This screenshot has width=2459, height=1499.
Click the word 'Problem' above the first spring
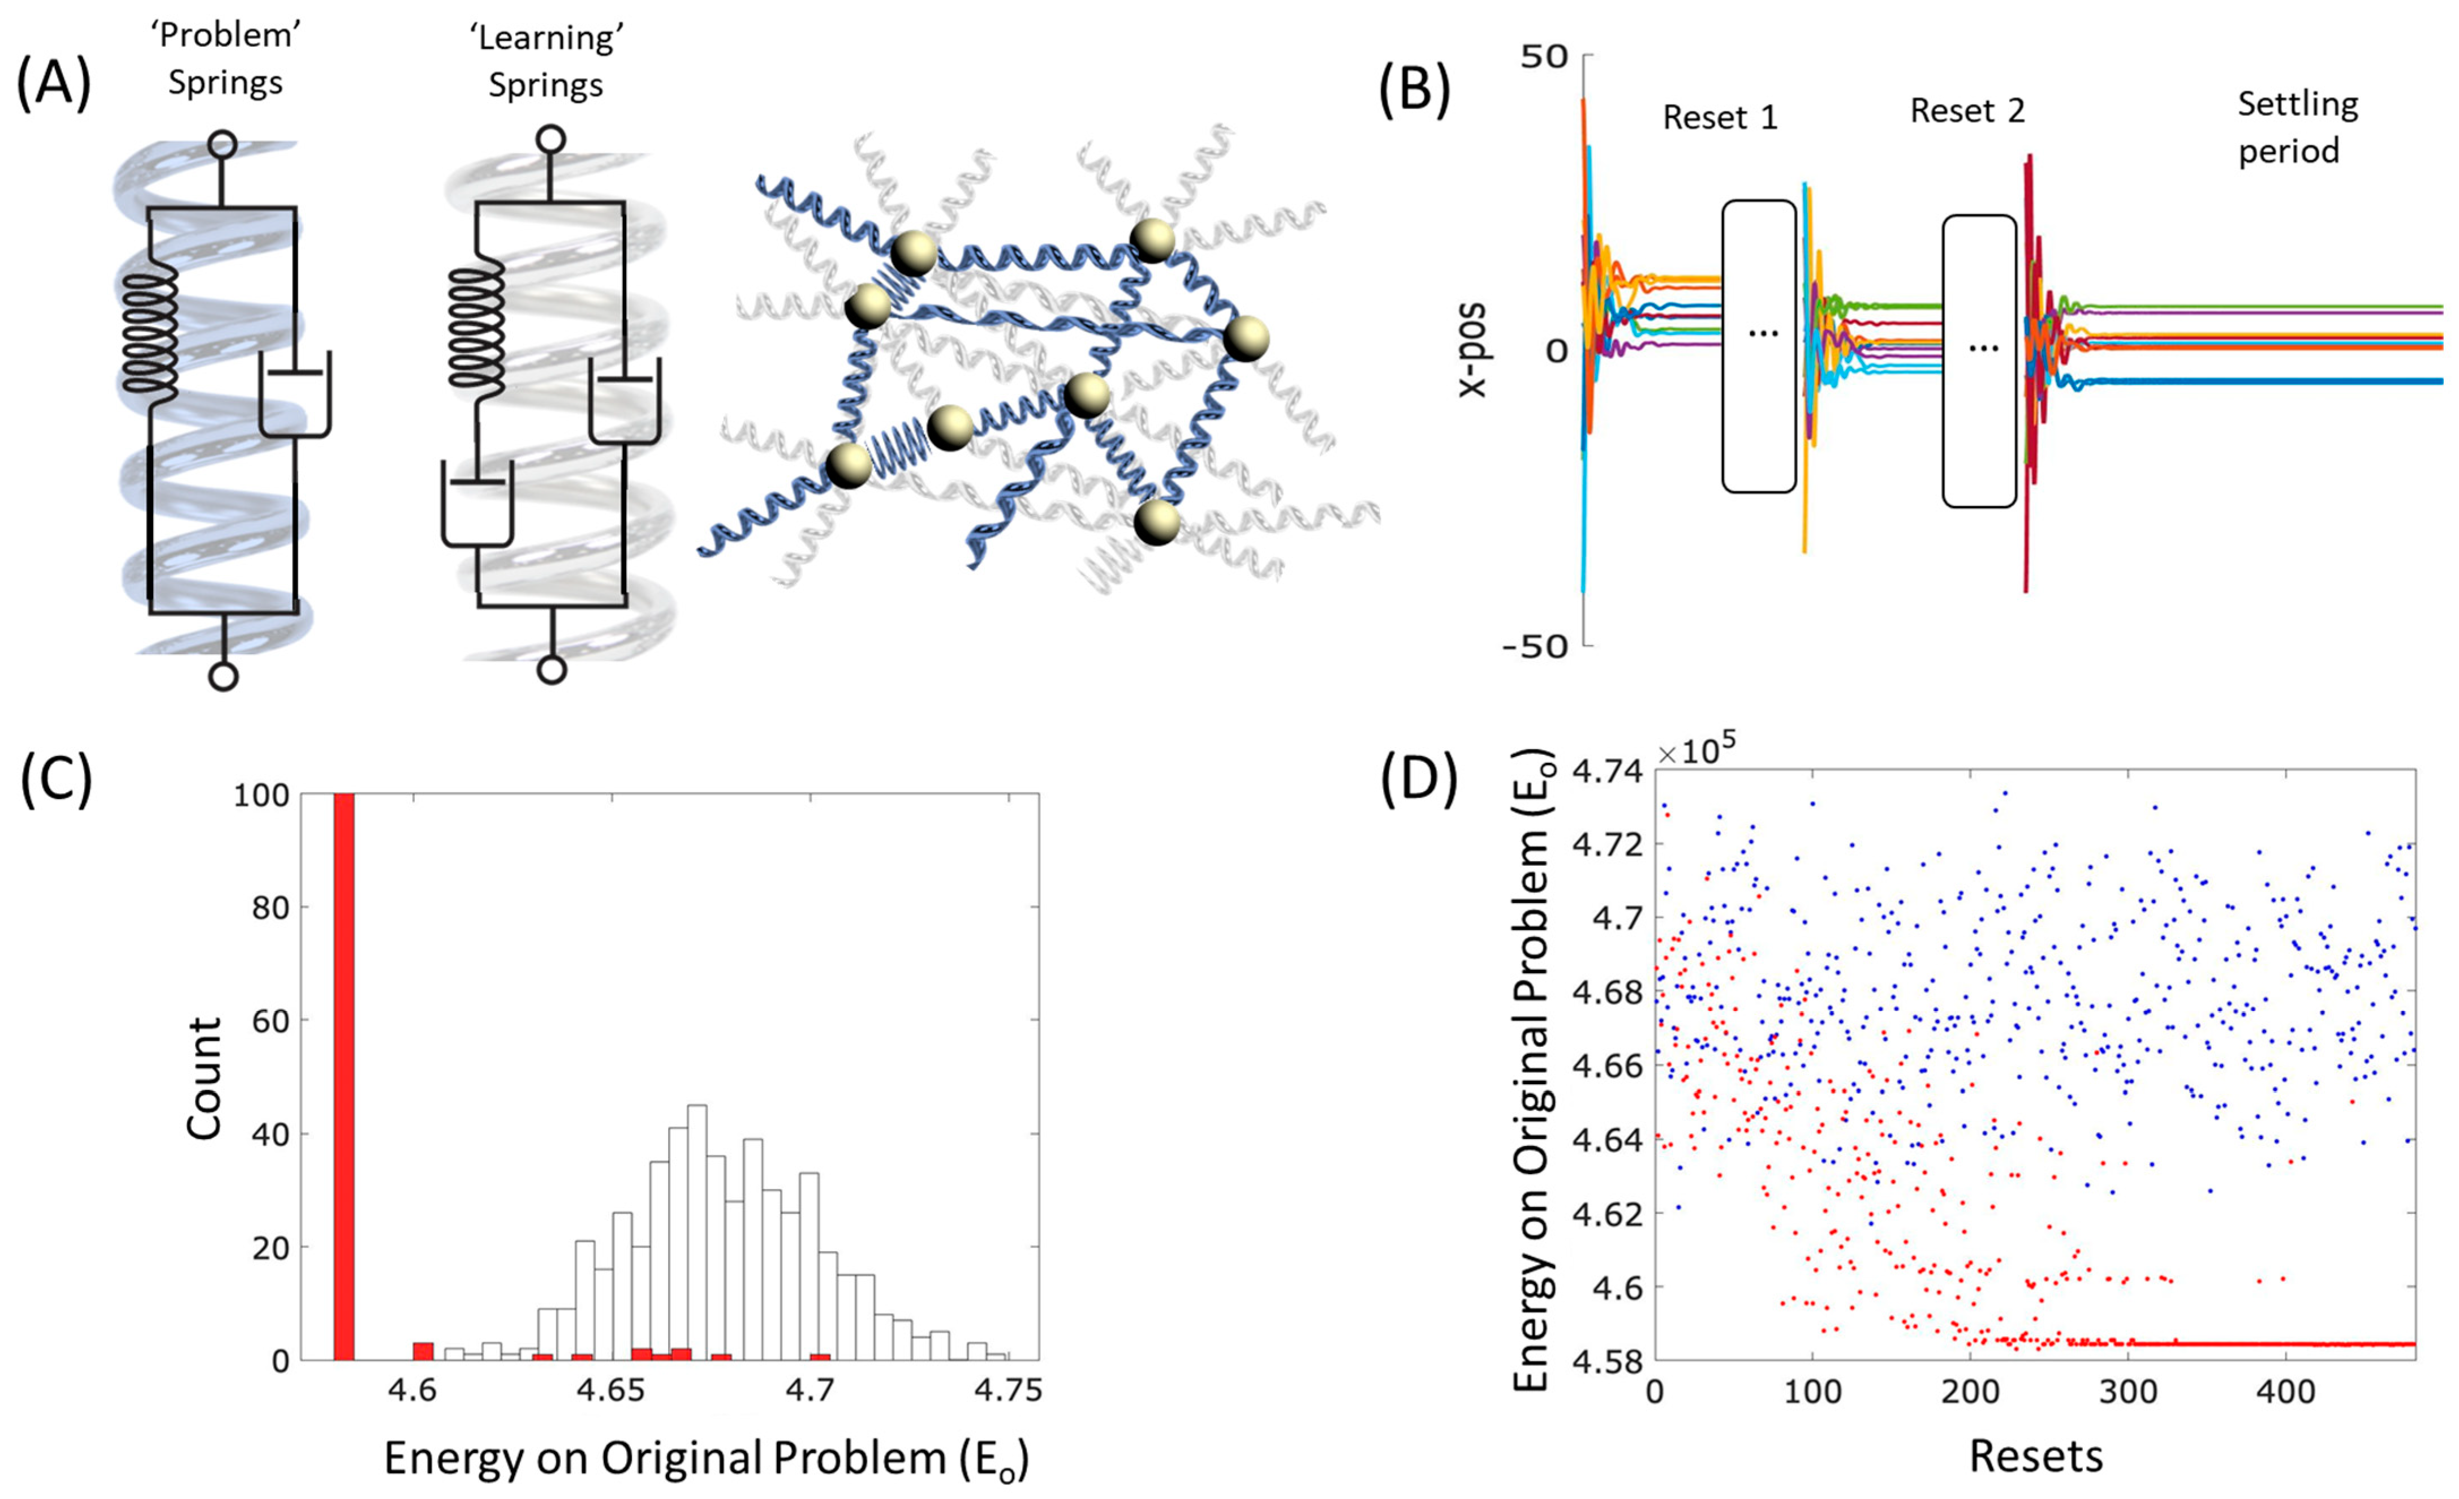pos(226,36)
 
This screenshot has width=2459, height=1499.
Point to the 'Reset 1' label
pos(1720,118)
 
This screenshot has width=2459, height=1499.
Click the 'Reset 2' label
pos(1967,111)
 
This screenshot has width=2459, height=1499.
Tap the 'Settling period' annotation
pos(2297,127)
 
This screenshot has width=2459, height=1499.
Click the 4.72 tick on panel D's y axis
pos(1607,844)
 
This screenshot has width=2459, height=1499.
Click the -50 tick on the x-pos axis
pos(1535,647)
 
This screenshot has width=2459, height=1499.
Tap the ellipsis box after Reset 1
pos(1759,346)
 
